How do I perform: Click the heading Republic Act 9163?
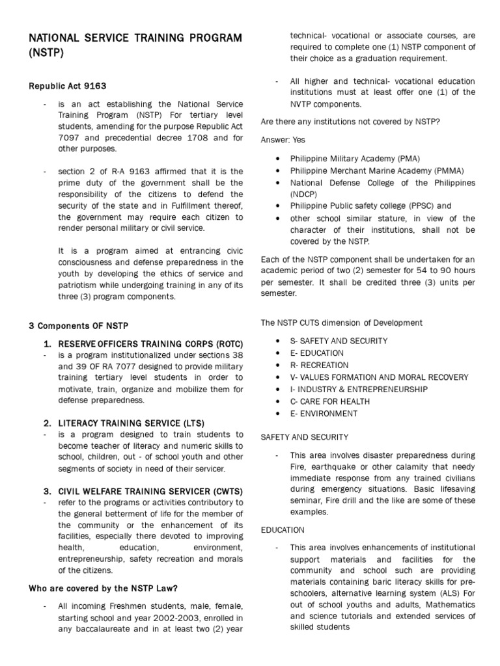[68, 85]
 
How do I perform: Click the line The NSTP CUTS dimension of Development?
[341, 323]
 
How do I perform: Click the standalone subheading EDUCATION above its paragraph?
[283, 530]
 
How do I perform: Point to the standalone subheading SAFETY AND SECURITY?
[304, 437]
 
